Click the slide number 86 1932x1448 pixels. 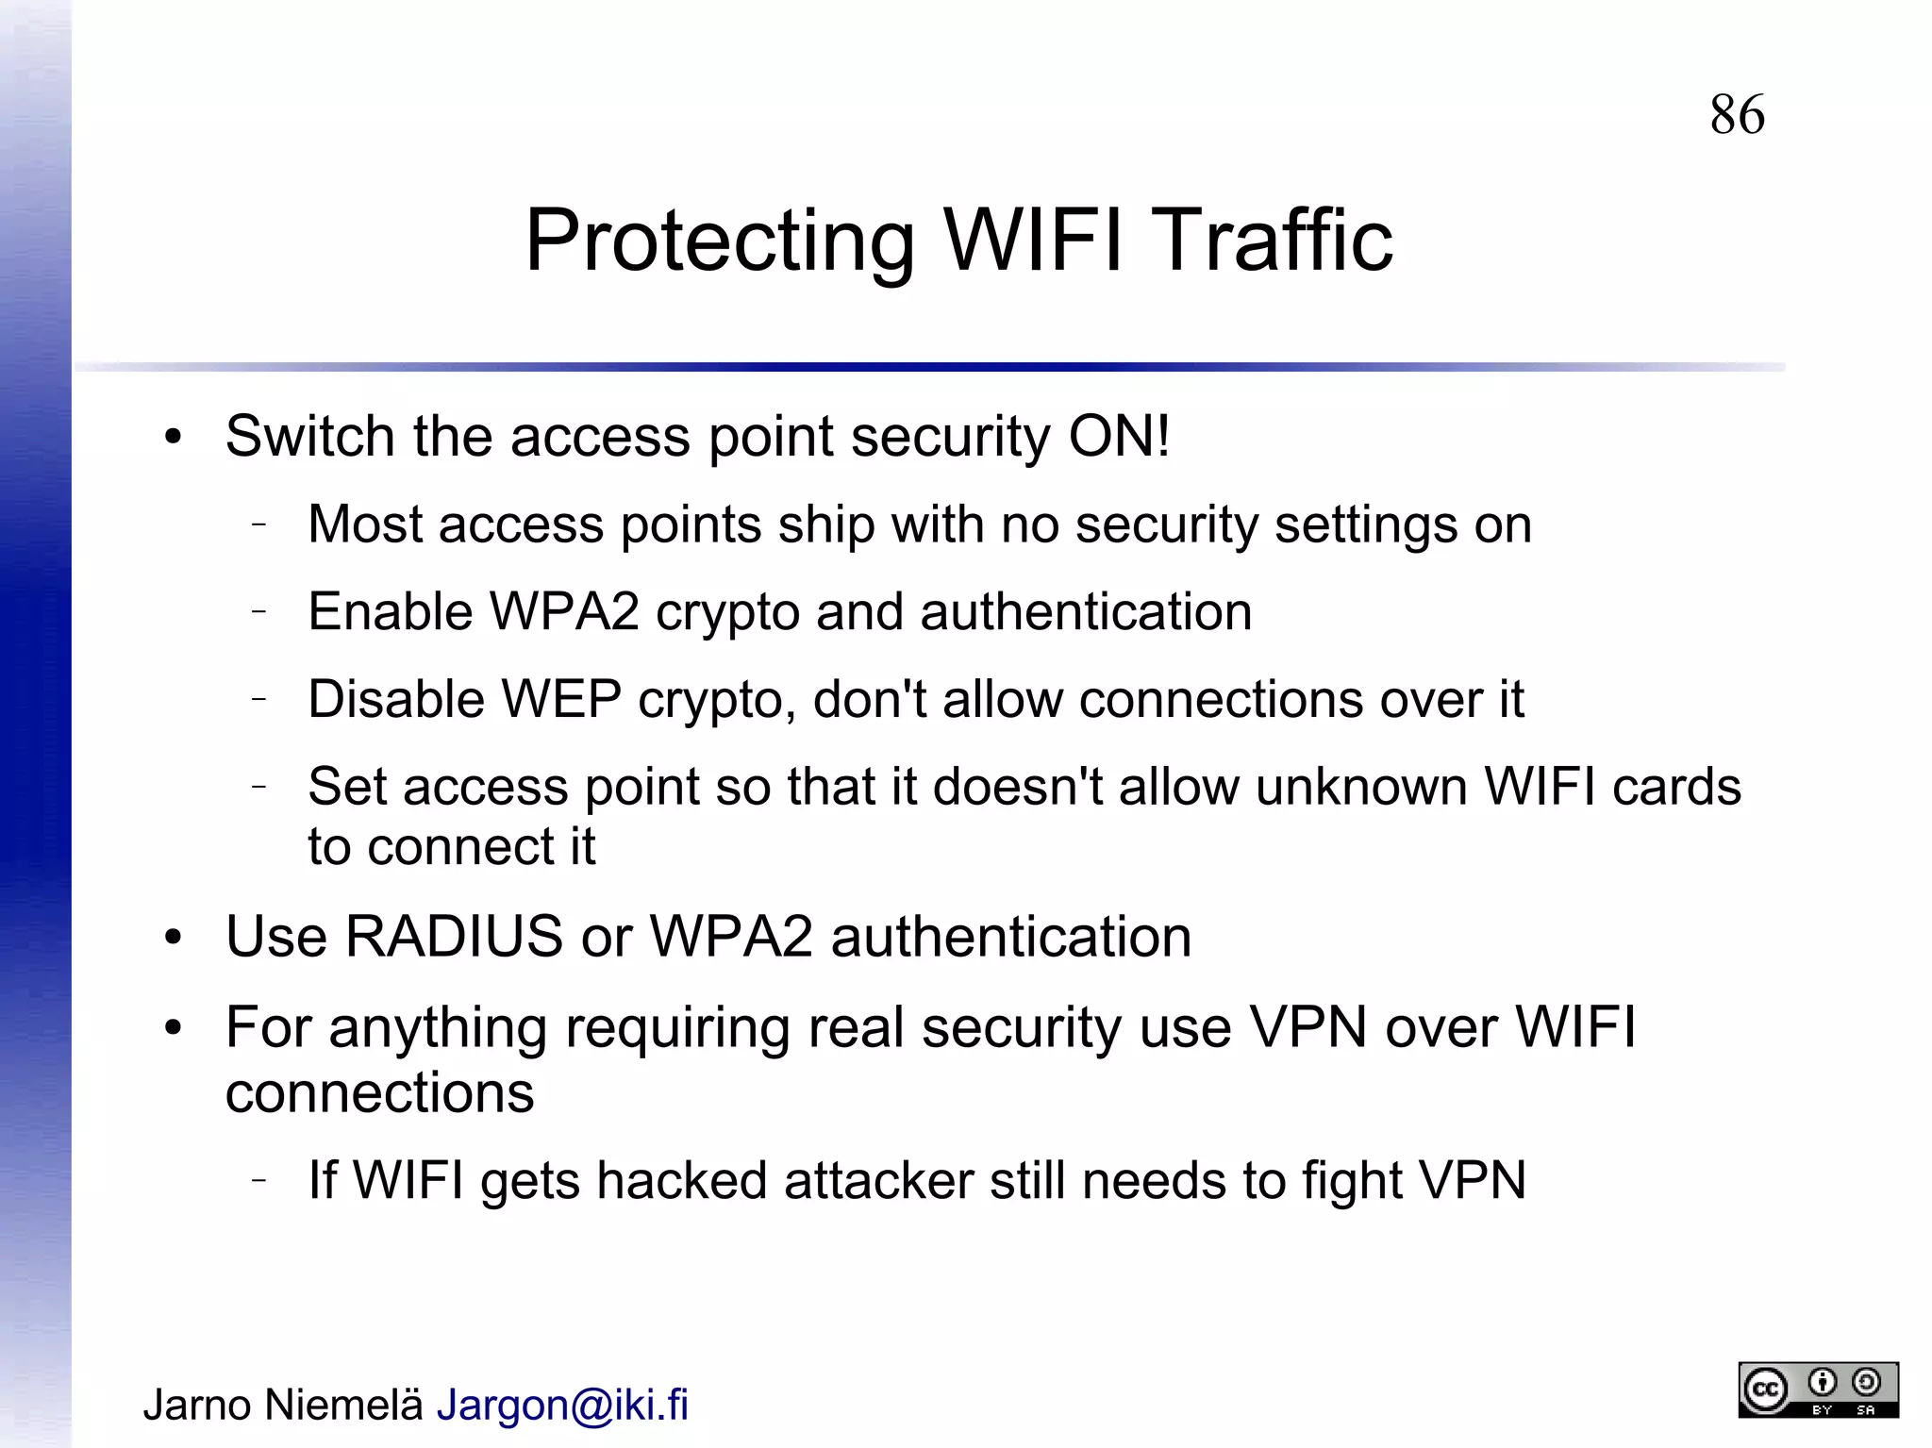(1737, 115)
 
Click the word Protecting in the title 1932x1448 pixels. (719, 241)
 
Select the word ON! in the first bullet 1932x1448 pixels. (1119, 437)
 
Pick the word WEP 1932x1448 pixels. (560, 700)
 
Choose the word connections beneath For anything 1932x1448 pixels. (379, 1093)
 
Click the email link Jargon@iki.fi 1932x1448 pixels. (562, 1405)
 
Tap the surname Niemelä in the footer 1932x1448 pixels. (343, 1405)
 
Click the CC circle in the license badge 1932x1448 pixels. (1765, 1390)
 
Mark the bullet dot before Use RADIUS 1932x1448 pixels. (172, 939)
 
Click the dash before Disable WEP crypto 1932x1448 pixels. (259, 699)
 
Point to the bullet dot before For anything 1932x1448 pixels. (172, 1029)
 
